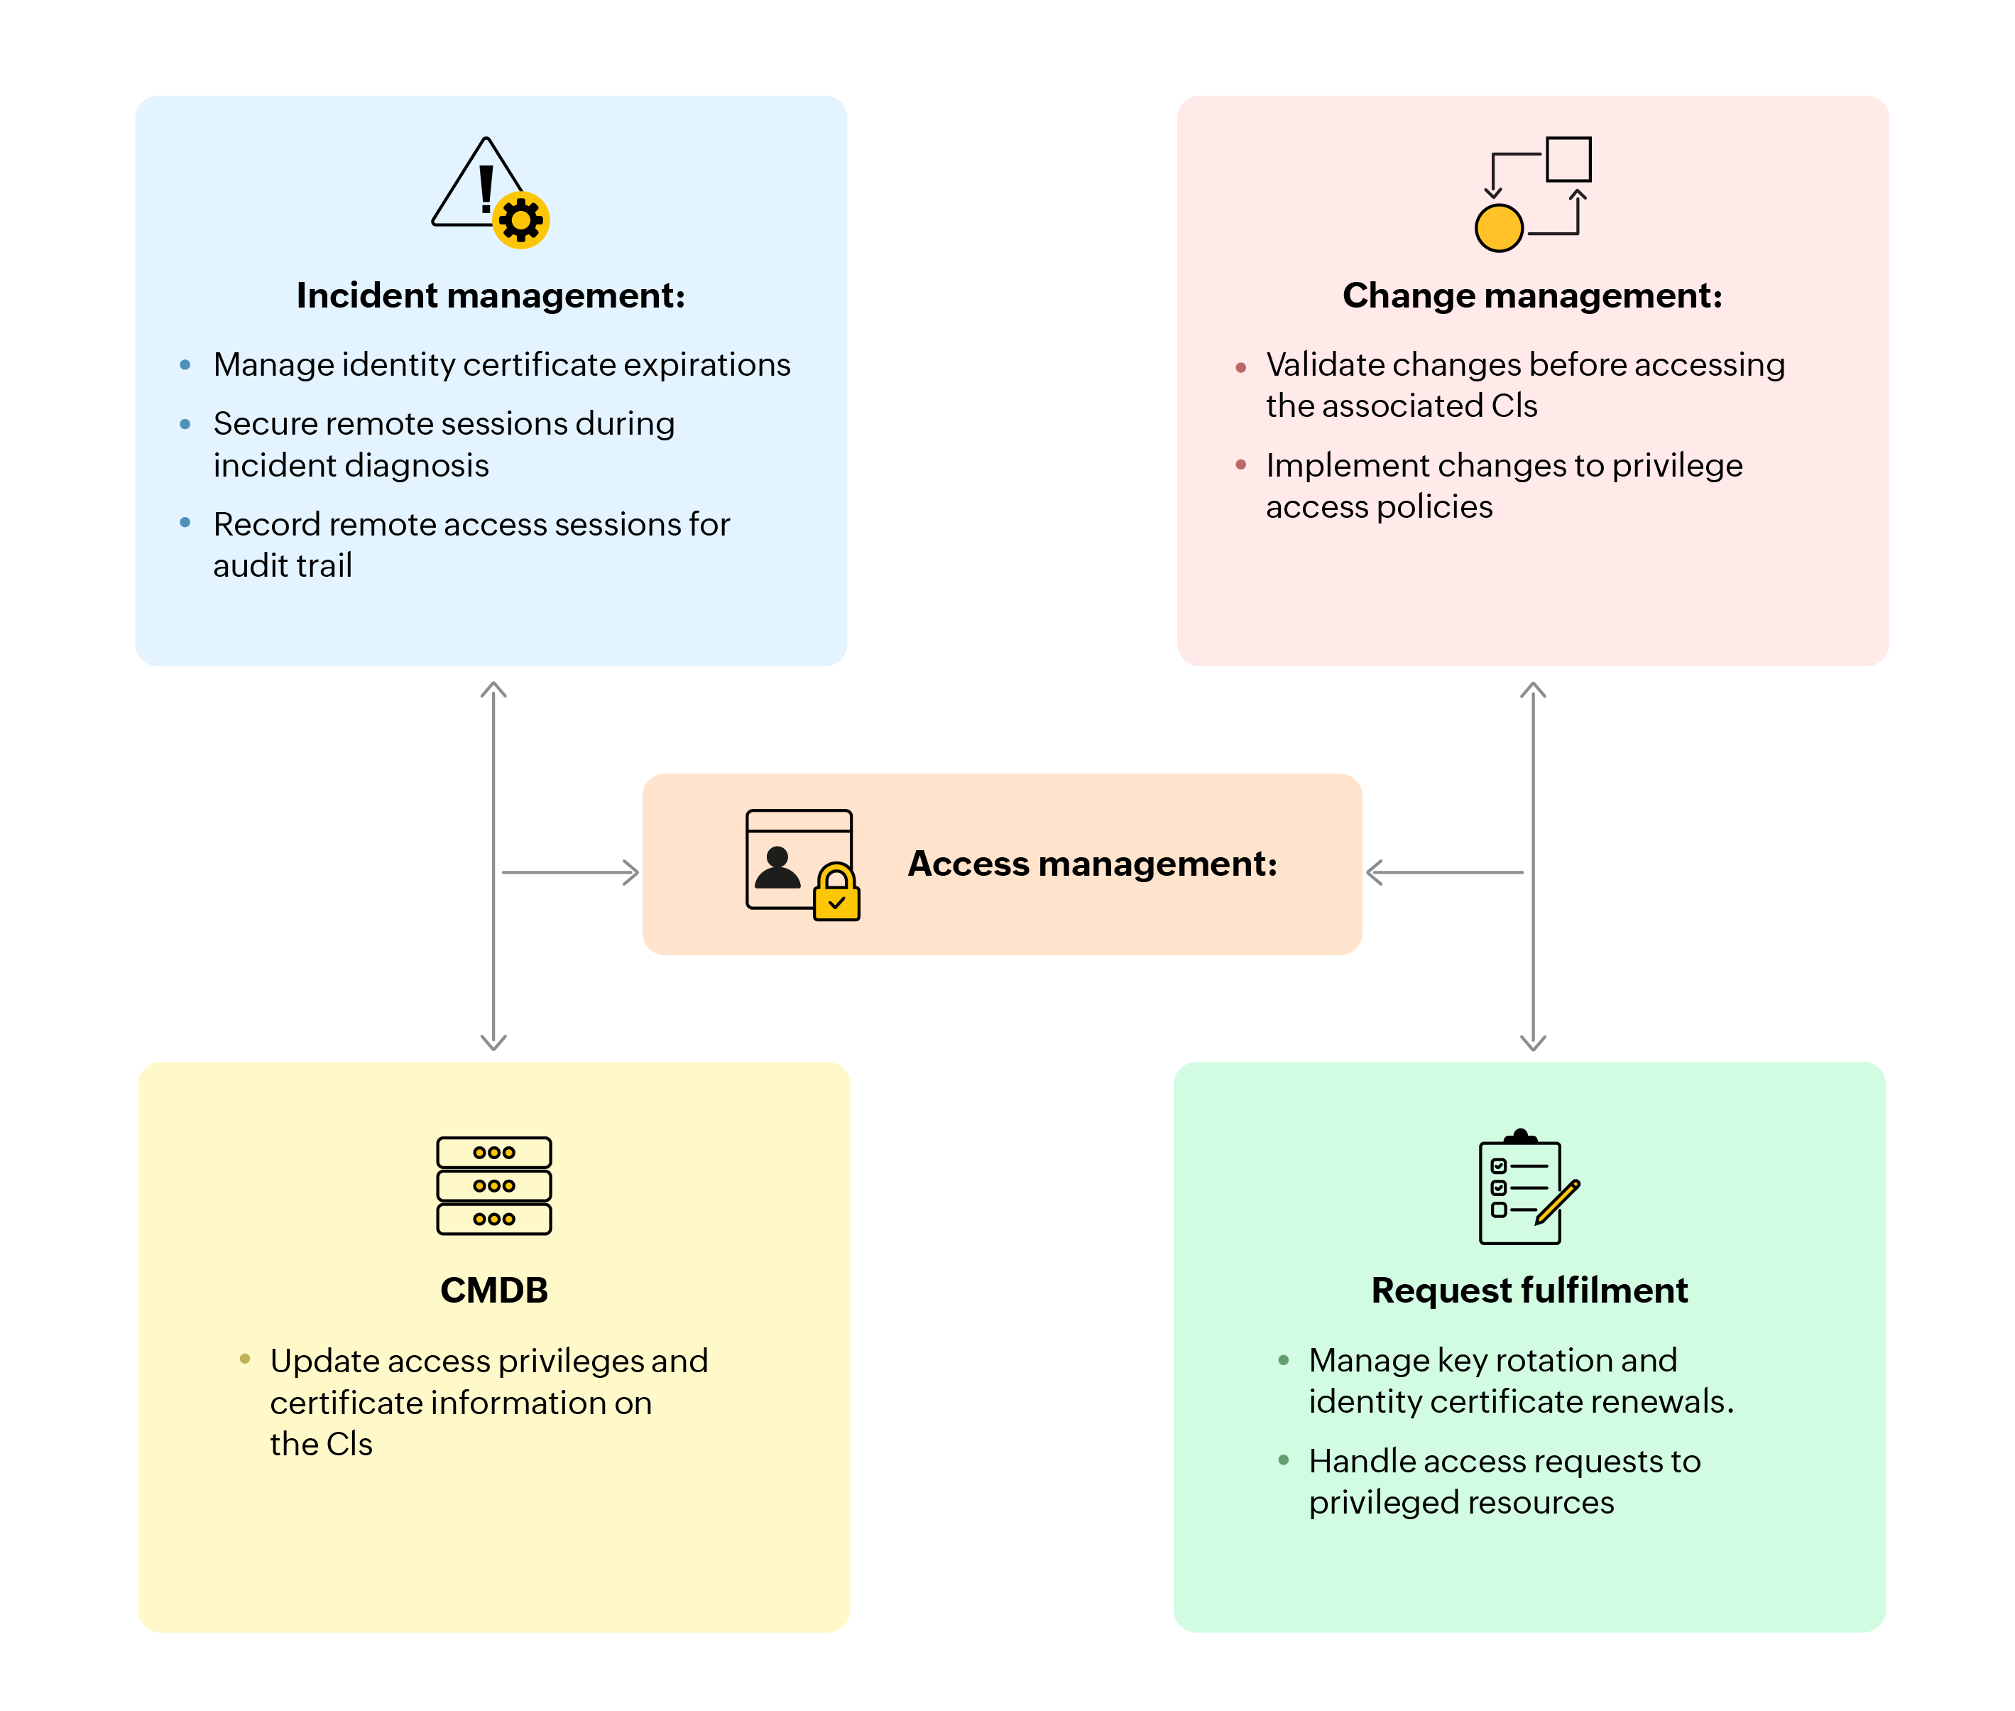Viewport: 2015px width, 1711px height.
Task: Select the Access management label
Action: [1092, 863]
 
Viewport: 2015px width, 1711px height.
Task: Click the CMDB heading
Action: [493, 1290]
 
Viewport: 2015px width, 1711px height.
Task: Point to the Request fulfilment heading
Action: [1529, 1290]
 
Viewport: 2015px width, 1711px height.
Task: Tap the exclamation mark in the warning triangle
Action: [486, 188]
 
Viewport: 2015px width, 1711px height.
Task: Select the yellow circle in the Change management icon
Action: [1498, 229]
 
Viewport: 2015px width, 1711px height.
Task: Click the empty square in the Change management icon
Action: [1568, 159]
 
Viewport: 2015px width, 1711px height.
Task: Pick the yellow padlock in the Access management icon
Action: [836, 894]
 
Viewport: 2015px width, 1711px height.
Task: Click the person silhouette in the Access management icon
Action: [777, 868]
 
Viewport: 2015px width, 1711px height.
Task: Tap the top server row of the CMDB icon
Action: [493, 1152]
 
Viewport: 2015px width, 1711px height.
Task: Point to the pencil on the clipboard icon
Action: [1557, 1202]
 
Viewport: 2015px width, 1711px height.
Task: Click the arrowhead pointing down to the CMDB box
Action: [493, 1042]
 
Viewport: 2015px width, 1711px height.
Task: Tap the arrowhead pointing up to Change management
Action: [1532, 690]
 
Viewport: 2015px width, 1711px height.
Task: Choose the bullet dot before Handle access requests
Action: [1283, 1460]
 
